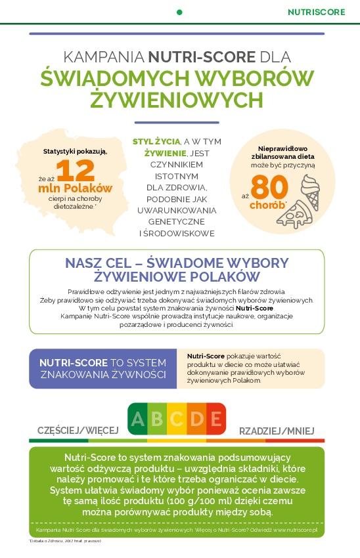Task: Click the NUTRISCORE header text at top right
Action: coord(318,12)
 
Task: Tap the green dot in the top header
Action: coord(179,12)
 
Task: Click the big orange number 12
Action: coord(76,171)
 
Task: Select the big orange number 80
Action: coord(269,188)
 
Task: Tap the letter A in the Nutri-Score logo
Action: coord(137,419)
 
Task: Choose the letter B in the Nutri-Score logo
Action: coord(157,419)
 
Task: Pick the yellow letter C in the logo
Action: coord(176,419)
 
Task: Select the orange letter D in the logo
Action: coord(196,419)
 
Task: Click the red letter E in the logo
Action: coord(215,419)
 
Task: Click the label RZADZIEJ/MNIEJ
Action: coord(280,431)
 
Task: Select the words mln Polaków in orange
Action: coord(75,188)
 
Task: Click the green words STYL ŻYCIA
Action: coord(156,141)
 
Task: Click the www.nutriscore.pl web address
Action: coord(296,529)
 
